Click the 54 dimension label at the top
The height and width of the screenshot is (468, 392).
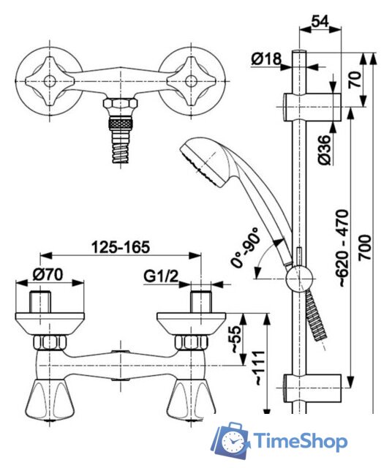point(320,22)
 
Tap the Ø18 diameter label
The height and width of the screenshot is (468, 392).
point(266,58)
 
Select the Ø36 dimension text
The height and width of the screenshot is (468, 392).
point(325,150)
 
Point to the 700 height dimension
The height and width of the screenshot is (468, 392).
point(365,248)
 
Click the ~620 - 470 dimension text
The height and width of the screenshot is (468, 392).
point(342,249)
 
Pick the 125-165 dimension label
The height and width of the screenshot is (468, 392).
point(120,247)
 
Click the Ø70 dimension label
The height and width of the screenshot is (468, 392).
point(48,274)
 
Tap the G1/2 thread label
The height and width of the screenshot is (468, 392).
point(161,276)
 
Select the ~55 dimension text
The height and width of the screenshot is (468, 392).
point(236,339)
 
